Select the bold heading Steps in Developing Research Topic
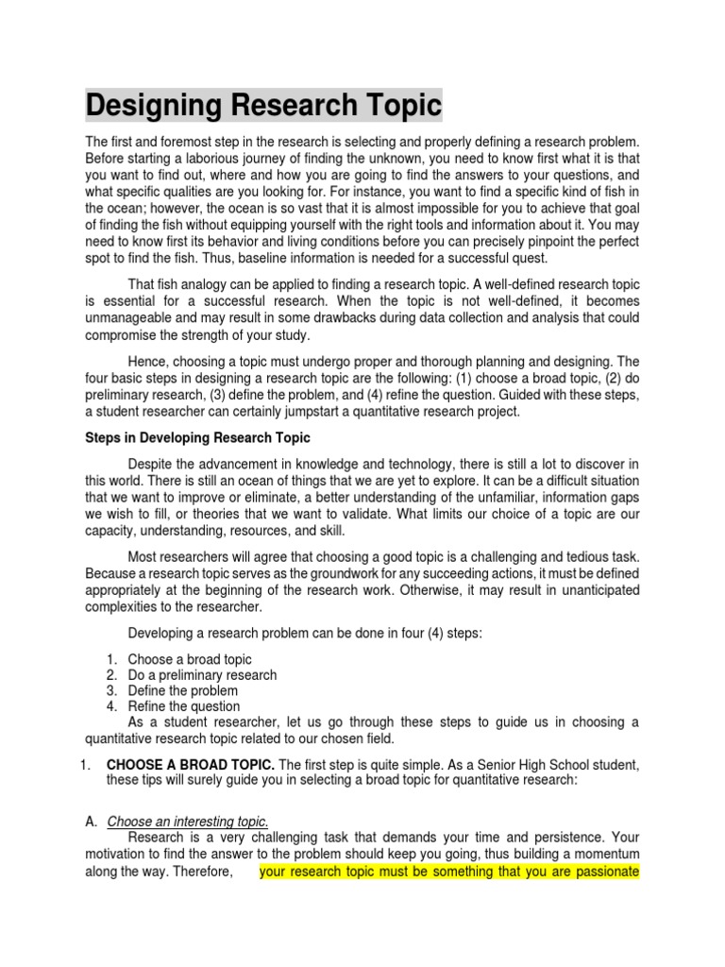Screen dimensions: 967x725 [x=196, y=437]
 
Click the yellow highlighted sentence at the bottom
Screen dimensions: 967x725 [x=449, y=872]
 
